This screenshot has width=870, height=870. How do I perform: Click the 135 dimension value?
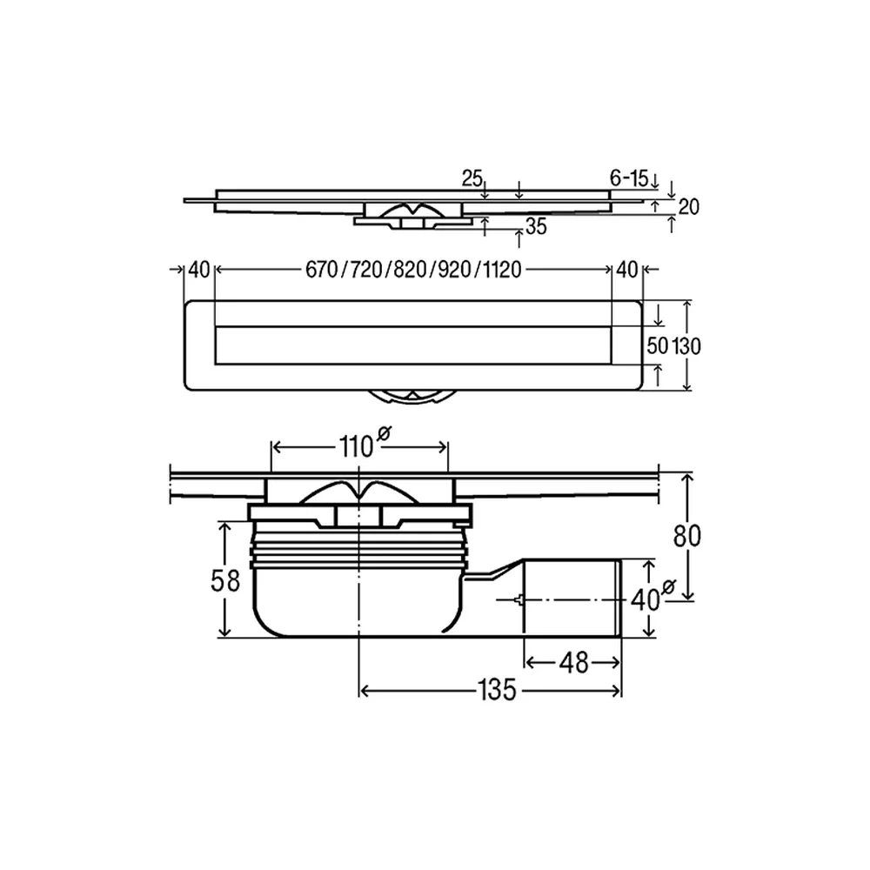tap(497, 690)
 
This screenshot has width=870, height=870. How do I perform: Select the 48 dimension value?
tap(573, 662)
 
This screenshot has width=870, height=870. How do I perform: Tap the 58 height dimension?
tap(224, 581)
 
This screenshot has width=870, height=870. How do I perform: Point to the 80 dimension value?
tap(687, 536)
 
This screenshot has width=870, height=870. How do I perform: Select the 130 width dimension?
tap(686, 346)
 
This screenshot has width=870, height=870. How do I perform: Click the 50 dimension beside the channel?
tap(658, 345)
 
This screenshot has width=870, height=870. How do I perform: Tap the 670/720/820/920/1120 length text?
tap(413, 271)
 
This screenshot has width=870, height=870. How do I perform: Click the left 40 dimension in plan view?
tap(199, 271)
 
